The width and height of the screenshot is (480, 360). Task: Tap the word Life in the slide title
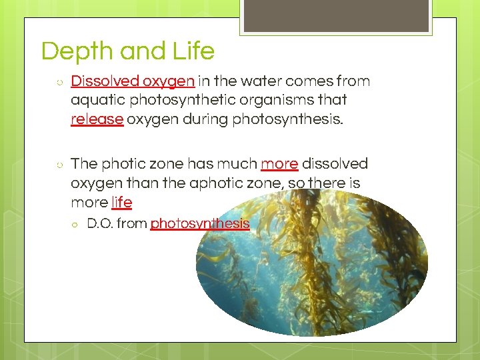(193, 51)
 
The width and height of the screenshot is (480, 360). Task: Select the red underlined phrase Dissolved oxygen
(133, 81)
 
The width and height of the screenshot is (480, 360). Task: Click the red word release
(97, 119)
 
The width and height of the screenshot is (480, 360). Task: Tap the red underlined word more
(279, 164)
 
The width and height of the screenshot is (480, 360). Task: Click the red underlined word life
(121, 202)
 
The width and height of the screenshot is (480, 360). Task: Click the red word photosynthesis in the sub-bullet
(199, 224)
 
